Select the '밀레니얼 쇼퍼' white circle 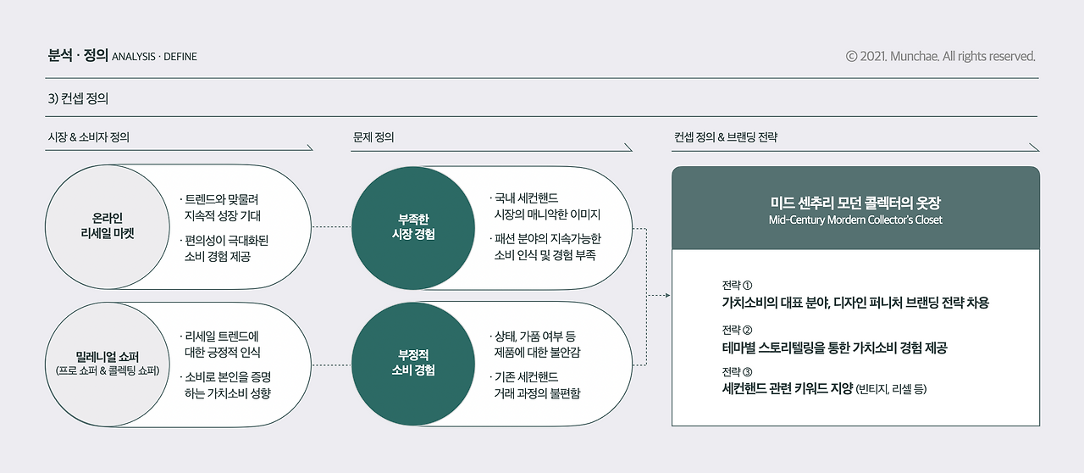(x=106, y=364)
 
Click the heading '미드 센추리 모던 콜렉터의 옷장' (x=855, y=203)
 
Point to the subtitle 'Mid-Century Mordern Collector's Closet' (x=855, y=220)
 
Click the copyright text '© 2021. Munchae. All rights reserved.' (x=940, y=57)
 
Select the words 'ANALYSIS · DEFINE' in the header (x=154, y=58)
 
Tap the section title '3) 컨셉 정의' (x=79, y=98)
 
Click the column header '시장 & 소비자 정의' (x=89, y=136)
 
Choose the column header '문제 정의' (x=373, y=136)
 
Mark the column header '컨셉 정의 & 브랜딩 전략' (x=726, y=136)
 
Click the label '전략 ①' (x=737, y=285)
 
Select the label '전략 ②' (x=737, y=330)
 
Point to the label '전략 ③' (x=737, y=372)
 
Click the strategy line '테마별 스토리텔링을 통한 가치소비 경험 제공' (x=834, y=348)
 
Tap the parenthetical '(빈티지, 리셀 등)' (x=892, y=390)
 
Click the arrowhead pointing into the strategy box (x=666, y=296)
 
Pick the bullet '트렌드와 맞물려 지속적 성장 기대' (x=222, y=209)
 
